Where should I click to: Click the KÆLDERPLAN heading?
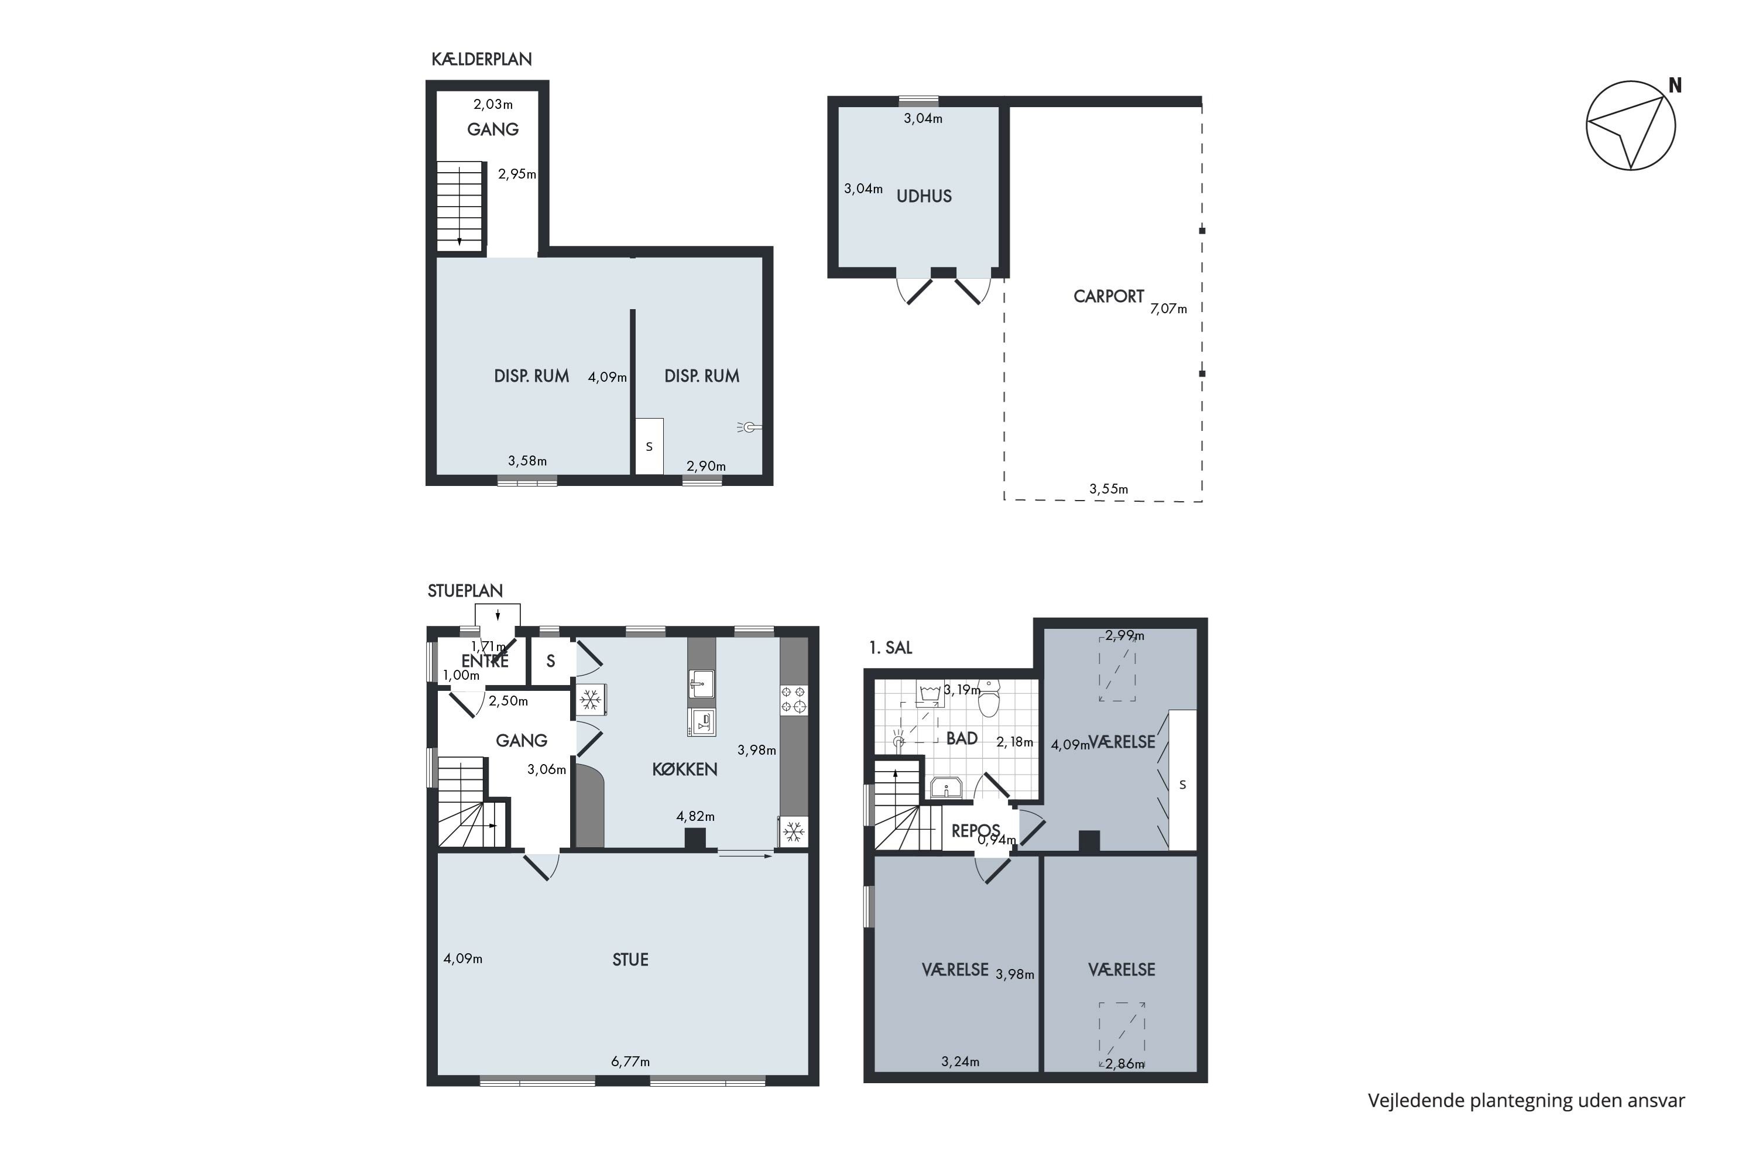point(482,59)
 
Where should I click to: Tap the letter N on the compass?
point(1675,86)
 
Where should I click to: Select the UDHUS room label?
point(924,196)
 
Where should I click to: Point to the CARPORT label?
point(1109,296)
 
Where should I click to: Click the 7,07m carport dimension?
point(1168,309)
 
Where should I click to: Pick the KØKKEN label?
point(685,769)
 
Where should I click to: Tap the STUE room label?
point(630,960)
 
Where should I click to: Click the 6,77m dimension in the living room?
point(630,1061)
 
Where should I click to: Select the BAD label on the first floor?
point(962,738)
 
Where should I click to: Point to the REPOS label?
point(975,830)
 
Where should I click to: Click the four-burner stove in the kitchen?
point(794,699)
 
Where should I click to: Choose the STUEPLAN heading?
point(465,591)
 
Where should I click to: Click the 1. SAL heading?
point(891,648)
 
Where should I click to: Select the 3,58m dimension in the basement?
point(527,461)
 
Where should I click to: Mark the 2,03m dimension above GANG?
point(493,105)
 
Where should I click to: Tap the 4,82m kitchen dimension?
point(695,816)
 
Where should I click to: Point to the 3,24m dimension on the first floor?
point(960,1061)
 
